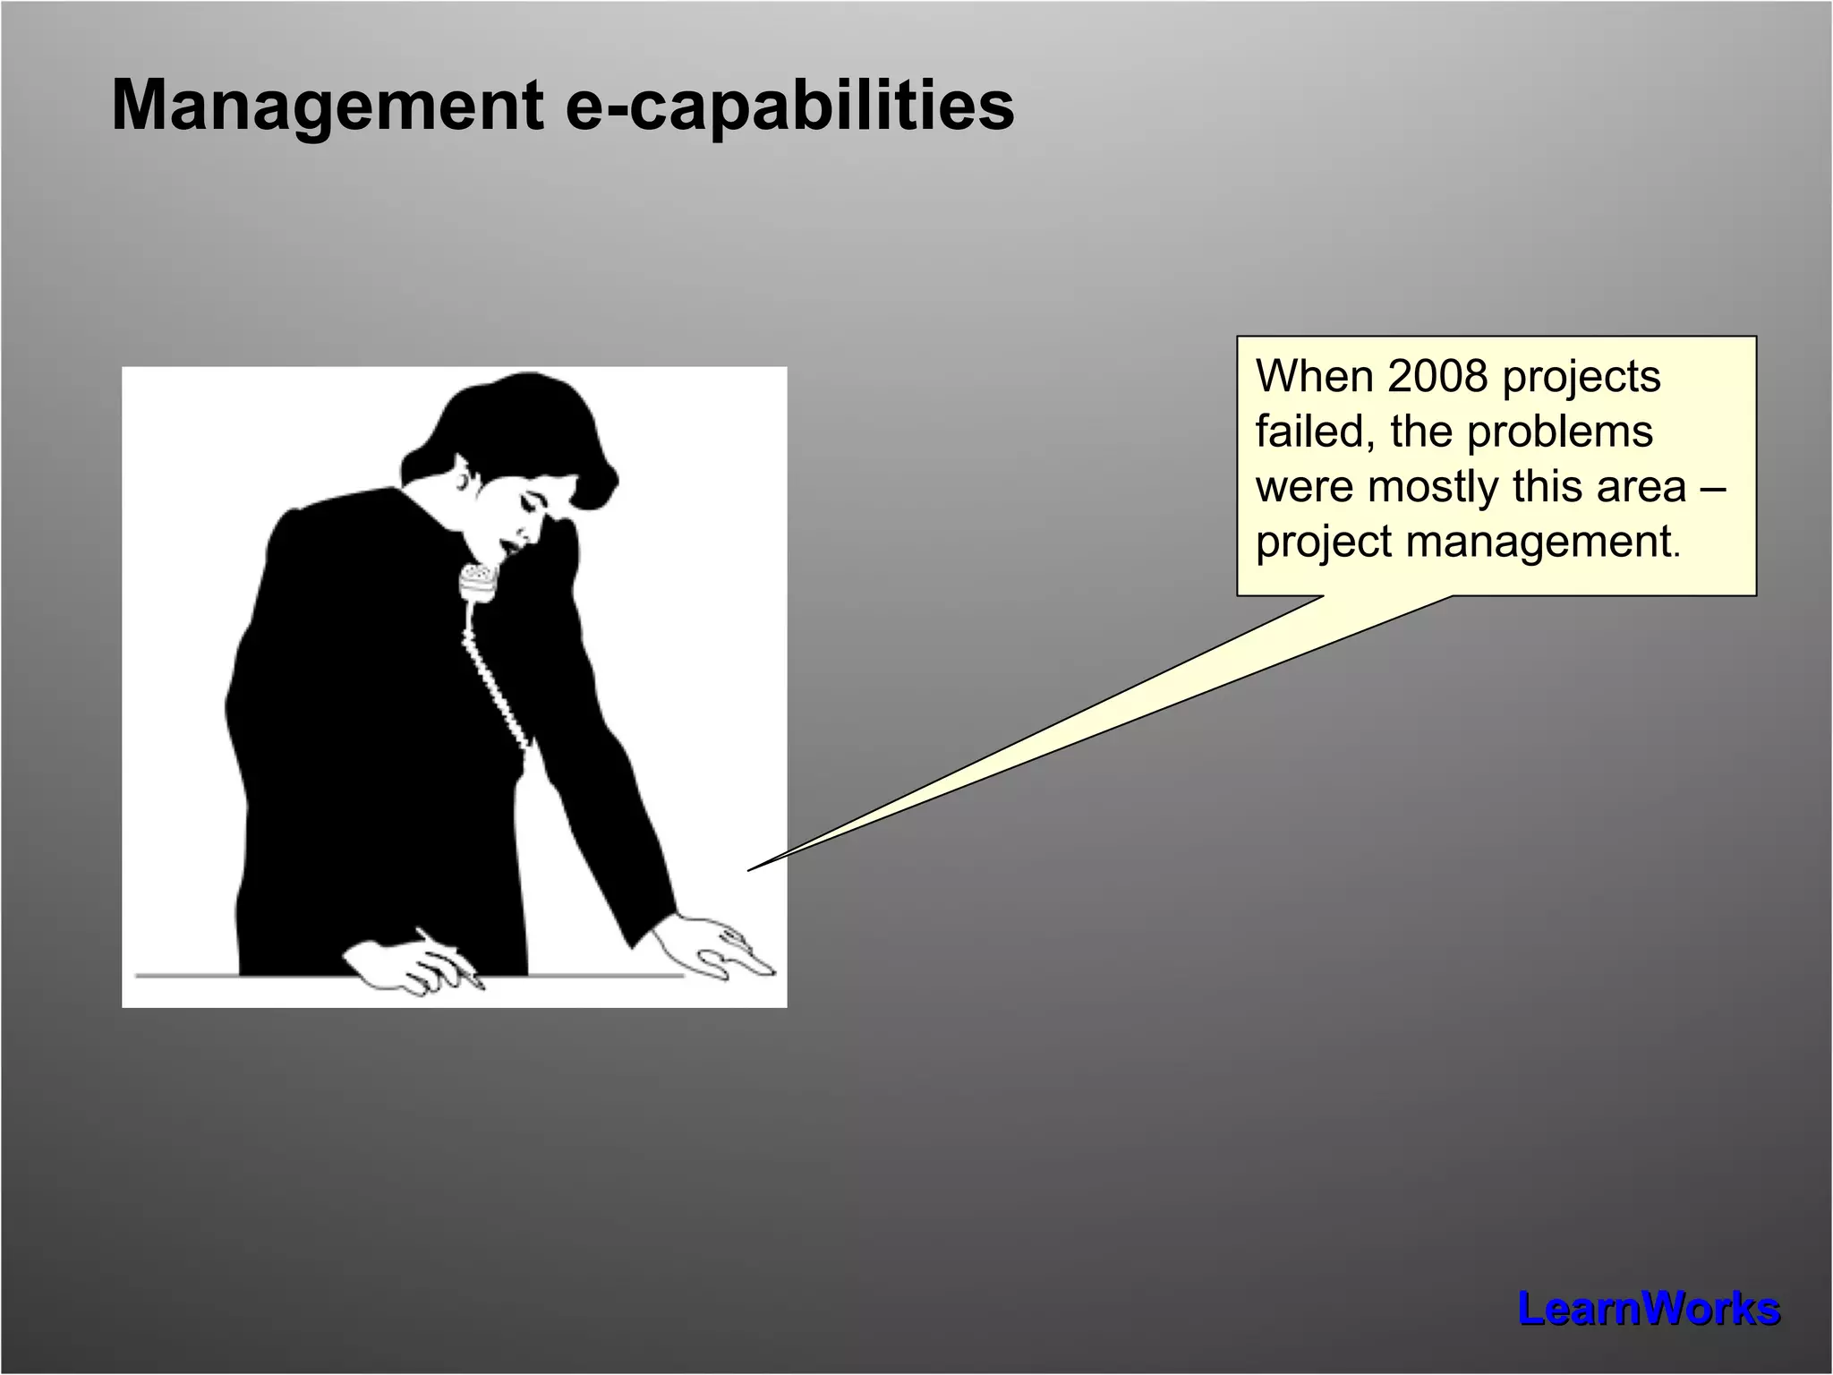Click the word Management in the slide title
pos(327,106)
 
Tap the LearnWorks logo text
pos(1648,1309)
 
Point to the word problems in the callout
pos(1559,431)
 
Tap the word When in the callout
pos(1315,376)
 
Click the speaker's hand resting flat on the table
pos(716,949)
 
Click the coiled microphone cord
pos(497,680)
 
